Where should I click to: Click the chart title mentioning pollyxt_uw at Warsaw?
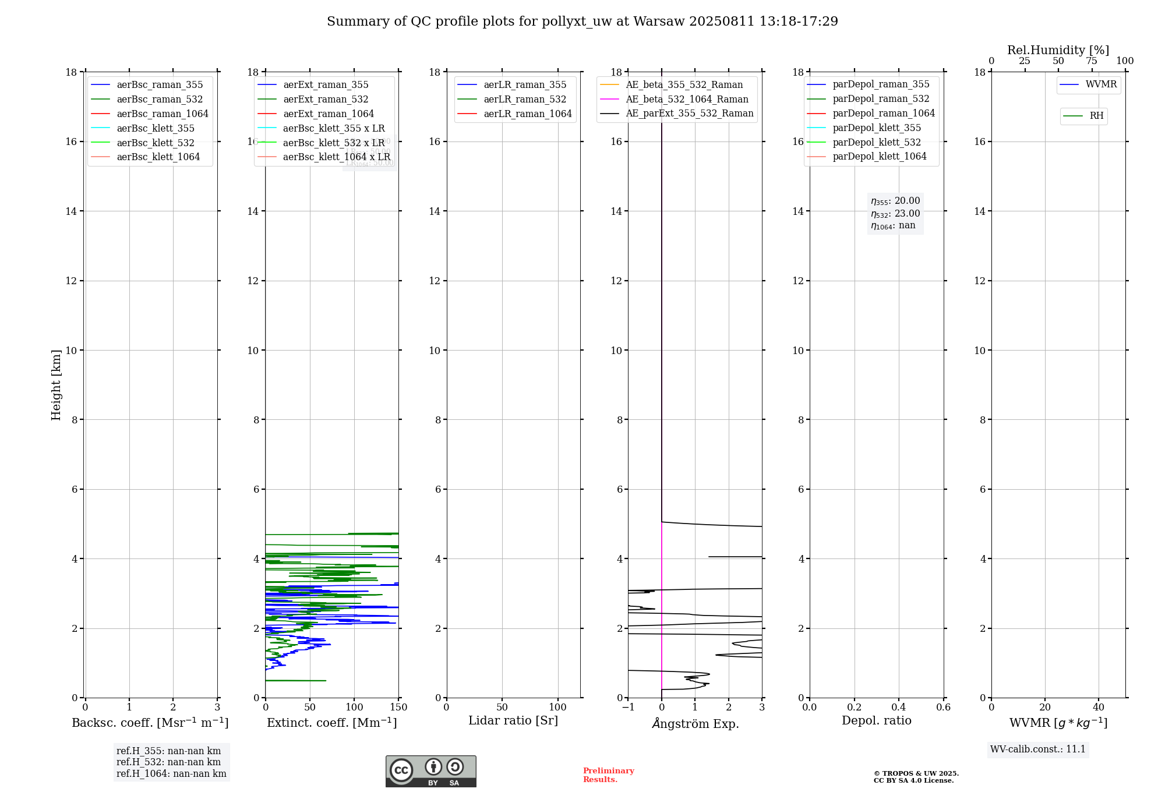tap(582, 22)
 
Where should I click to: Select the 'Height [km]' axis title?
tap(56, 385)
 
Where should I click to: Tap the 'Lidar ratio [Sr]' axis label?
tap(513, 721)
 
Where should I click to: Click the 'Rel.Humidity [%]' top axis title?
tap(1058, 50)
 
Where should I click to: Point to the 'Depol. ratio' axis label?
tap(876, 721)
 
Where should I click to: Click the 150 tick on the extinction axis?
tap(399, 708)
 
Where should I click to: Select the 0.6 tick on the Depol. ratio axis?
tap(943, 708)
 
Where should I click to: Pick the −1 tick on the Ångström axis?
tap(628, 708)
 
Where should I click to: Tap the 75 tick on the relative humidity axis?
tap(1092, 61)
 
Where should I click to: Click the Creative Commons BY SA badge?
tap(430, 772)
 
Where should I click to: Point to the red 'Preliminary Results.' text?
tap(608, 775)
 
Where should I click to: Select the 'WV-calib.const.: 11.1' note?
tap(1038, 749)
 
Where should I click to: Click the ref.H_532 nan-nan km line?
tap(168, 762)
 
